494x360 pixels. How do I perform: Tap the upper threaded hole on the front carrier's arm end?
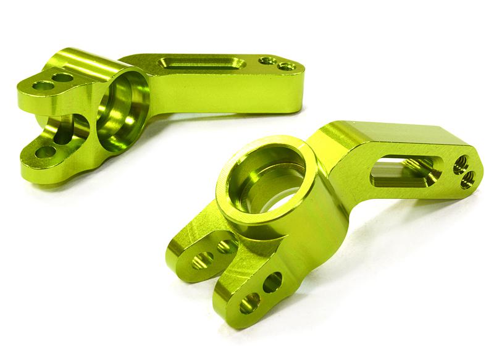point(459,164)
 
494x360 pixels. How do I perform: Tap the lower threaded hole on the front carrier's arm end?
point(467,179)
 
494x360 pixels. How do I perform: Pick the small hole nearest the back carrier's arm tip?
point(284,65)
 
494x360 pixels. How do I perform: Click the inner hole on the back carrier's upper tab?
point(62,78)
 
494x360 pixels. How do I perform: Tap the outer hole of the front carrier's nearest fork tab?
point(250,302)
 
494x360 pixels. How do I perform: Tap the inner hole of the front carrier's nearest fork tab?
point(273,283)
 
